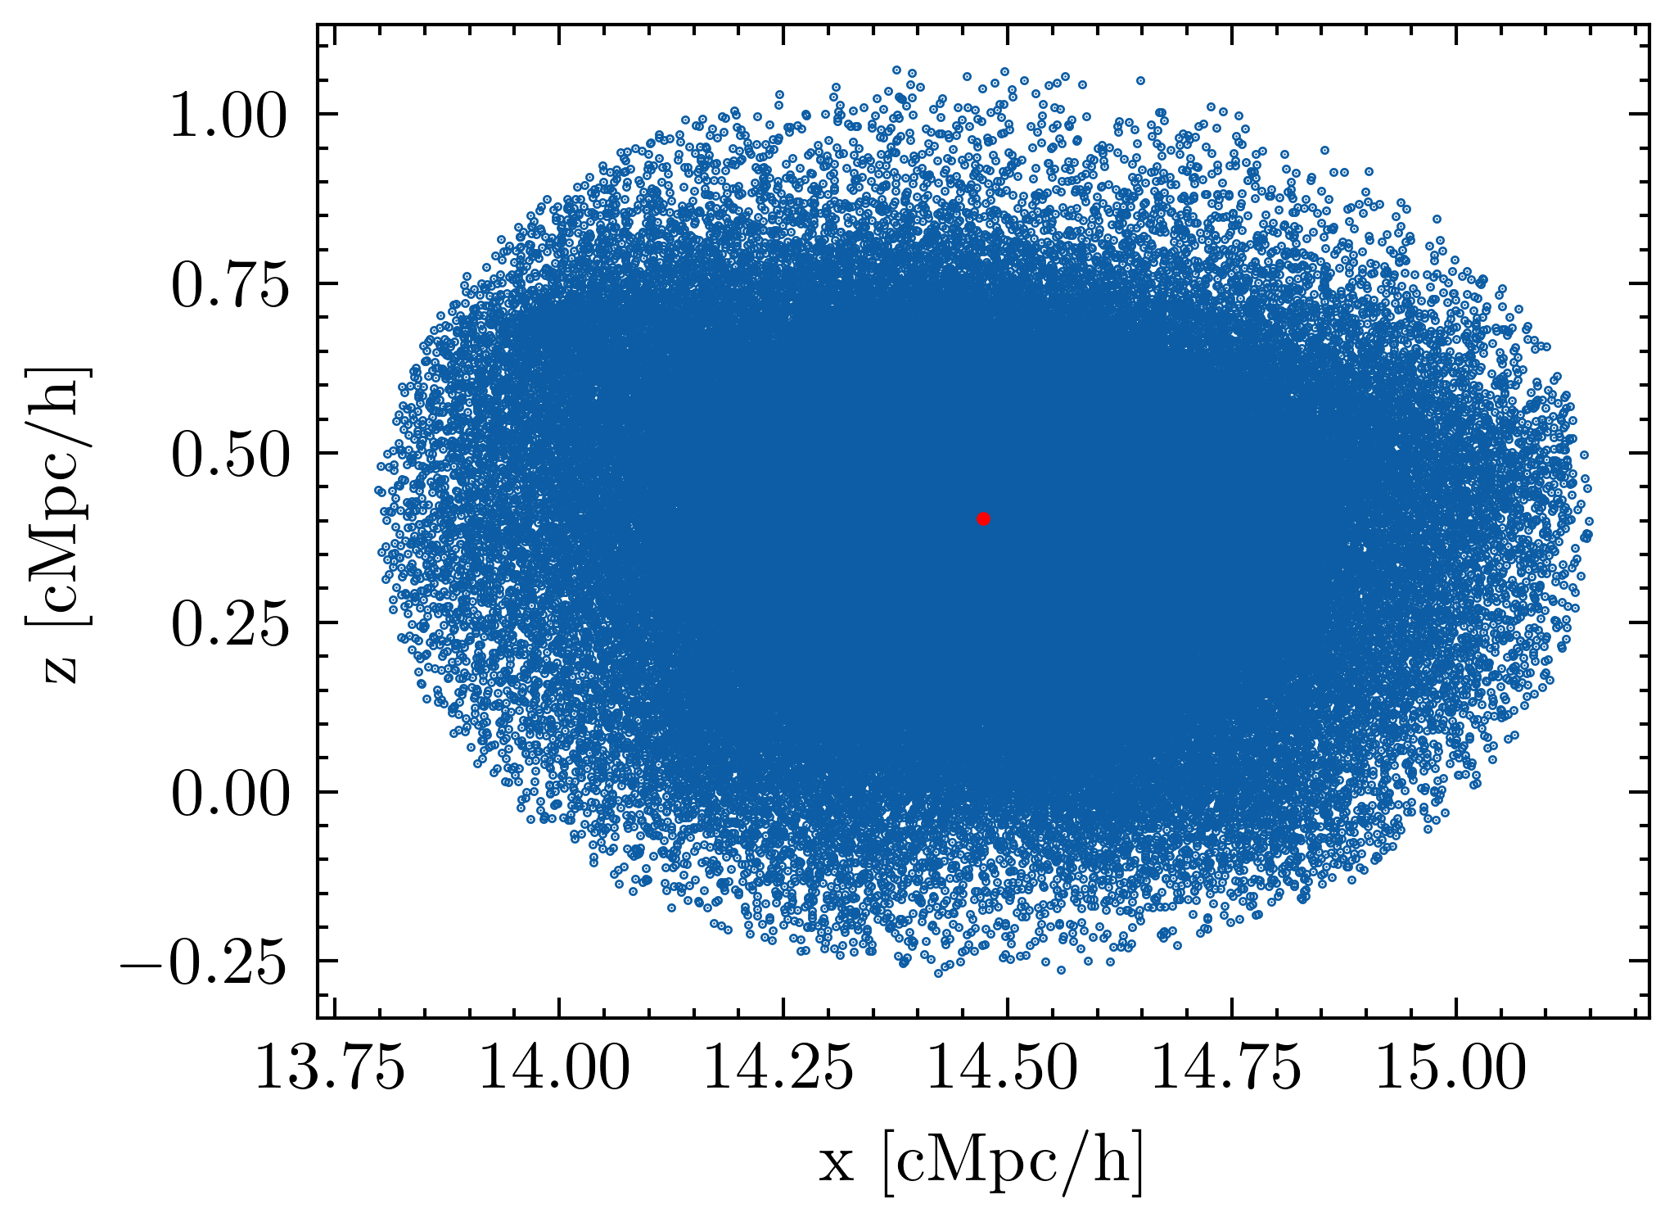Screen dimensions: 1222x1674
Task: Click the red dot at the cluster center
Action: point(983,518)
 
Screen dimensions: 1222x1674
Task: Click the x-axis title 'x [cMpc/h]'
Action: point(981,1163)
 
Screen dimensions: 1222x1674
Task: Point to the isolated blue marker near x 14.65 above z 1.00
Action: point(1140,80)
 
